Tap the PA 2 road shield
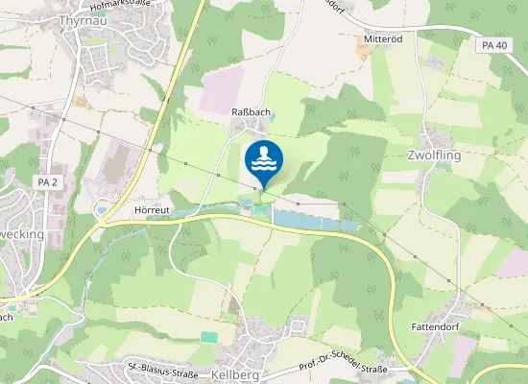(x=47, y=182)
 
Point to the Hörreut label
(x=152, y=208)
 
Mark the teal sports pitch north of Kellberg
(x=208, y=336)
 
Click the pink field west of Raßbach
(x=220, y=96)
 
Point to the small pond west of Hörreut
(x=102, y=208)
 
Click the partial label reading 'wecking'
(x=18, y=233)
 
